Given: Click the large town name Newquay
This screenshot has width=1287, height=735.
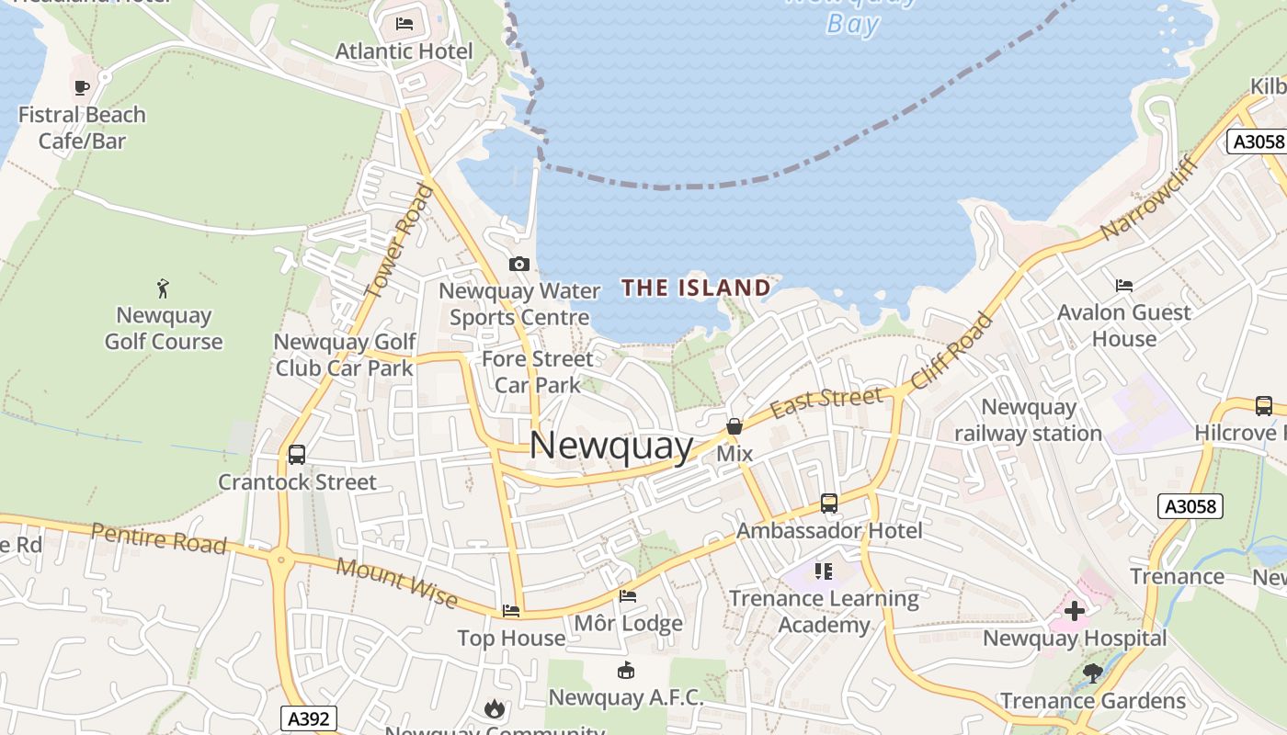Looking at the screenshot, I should (x=611, y=446).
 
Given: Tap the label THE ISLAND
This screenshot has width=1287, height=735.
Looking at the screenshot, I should (x=696, y=288).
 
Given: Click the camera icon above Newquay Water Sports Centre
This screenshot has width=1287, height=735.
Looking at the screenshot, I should (x=519, y=265).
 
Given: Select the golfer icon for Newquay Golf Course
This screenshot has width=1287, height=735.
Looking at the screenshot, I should (x=164, y=288).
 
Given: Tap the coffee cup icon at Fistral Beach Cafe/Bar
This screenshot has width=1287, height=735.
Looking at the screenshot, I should (x=82, y=88).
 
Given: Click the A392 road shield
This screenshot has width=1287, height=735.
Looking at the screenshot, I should (x=308, y=718).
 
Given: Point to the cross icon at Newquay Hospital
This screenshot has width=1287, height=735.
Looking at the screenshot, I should (x=1074, y=610).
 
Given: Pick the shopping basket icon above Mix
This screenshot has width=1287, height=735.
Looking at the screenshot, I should (x=735, y=426).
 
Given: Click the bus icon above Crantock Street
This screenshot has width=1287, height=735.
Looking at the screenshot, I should (x=297, y=454).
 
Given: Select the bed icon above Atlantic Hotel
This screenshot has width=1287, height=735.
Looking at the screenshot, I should (x=404, y=24).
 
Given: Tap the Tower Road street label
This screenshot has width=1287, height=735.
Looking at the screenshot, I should (x=399, y=241).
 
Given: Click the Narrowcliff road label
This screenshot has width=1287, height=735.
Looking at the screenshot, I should (x=1149, y=198).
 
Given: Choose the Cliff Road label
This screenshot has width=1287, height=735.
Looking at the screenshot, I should (x=952, y=351).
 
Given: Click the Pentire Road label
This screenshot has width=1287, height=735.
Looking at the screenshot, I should (x=159, y=537).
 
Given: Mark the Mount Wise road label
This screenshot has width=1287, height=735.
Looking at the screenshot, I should (x=396, y=582).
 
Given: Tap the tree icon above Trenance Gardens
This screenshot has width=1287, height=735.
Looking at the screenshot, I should (x=1093, y=673).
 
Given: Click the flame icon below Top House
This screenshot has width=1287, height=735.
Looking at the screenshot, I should (x=495, y=708).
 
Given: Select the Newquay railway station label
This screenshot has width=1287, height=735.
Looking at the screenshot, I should (x=1028, y=420).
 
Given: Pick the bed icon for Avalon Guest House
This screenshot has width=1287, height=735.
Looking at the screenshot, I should (x=1123, y=286).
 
